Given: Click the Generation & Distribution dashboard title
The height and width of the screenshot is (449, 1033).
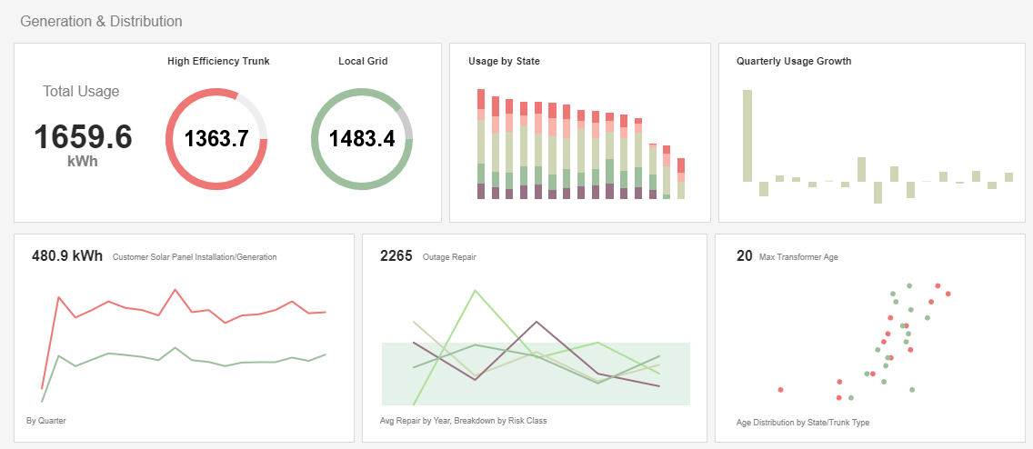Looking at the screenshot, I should (x=101, y=21).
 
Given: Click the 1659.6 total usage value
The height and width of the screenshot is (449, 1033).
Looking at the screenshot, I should (x=83, y=137).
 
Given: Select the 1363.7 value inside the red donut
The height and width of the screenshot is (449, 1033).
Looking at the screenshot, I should (x=216, y=139).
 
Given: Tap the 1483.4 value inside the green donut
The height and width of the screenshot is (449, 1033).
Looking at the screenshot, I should (x=362, y=139).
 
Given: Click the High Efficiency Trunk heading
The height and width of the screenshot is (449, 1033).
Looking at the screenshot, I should (x=218, y=62).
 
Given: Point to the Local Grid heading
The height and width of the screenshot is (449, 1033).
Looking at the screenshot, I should (x=362, y=62).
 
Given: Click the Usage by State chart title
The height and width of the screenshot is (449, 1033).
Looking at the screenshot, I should (x=505, y=62).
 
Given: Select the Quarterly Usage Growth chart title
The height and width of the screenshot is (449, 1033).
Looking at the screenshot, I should (x=794, y=62).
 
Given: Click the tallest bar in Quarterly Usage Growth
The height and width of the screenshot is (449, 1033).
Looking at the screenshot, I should (x=747, y=135).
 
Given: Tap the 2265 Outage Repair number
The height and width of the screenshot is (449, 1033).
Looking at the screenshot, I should (x=396, y=255).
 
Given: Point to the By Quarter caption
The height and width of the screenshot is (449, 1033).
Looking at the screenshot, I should (x=46, y=421).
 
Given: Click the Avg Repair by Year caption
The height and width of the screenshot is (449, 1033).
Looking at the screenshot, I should (x=463, y=421).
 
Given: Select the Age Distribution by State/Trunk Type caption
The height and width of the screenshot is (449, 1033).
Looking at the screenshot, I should (x=803, y=423).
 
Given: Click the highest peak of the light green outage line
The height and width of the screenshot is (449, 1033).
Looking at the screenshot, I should (x=475, y=291).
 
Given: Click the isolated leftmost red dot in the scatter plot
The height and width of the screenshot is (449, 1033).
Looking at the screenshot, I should (x=781, y=390).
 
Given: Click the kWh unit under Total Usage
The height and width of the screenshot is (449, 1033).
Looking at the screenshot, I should (x=83, y=161).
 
